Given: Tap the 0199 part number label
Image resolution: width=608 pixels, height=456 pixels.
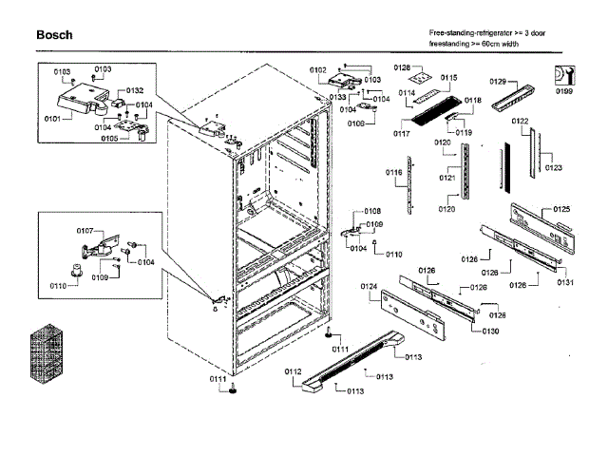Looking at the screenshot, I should pos(564,91).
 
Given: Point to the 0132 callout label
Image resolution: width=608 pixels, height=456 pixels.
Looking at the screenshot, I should pos(134,90).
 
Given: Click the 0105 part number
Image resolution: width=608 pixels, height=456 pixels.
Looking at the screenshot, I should pos(110,139).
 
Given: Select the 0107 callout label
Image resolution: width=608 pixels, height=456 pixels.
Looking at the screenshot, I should pos(85,231).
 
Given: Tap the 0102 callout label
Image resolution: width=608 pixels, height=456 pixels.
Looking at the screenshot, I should pos(317,70).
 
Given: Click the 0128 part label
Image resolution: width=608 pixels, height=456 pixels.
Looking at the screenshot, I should pos(402,67).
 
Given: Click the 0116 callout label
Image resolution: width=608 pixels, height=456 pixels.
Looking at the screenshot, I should pos(393,172).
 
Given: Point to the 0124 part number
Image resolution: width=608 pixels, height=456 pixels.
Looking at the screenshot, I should pos(369,286).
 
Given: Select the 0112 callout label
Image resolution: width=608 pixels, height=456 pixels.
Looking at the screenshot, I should pos(293,371).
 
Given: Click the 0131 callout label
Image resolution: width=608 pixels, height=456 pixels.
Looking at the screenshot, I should pos(566,282).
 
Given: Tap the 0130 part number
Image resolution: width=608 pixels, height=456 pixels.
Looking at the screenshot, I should pos(490,331).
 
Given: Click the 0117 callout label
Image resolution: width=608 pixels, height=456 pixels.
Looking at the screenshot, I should pos(401,133).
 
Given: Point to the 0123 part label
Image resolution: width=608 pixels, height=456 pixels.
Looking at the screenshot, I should pos(554,167).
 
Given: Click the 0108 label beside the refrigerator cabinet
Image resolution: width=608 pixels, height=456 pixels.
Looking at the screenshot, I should pos(372,211).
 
